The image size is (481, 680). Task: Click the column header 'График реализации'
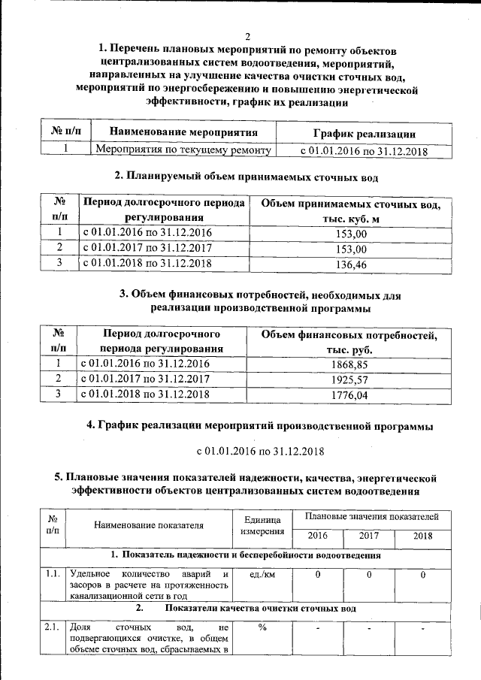click(x=354, y=133)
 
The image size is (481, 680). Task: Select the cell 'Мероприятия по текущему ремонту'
click(x=183, y=150)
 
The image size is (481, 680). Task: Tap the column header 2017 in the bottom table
click(x=369, y=536)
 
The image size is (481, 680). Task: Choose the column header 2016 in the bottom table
click(x=318, y=536)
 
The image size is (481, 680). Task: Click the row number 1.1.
click(x=53, y=575)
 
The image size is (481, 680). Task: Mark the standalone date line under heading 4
click(x=259, y=451)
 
